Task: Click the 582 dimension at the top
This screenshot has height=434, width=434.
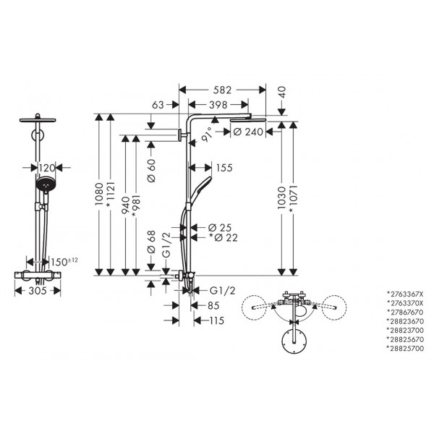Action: [x=222, y=90]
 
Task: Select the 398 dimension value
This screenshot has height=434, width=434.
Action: [x=218, y=105]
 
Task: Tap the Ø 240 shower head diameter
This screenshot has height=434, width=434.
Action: [x=248, y=132]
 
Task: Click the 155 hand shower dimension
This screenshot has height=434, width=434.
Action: [x=224, y=168]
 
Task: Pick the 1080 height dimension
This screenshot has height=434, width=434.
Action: [x=99, y=194]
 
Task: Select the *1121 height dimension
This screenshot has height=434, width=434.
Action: [x=110, y=195]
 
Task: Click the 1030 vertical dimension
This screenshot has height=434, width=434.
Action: [x=281, y=197]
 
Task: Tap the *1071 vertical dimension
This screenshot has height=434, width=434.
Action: [x=293, y=199]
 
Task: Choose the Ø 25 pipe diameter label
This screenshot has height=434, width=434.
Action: [x=219, y=228]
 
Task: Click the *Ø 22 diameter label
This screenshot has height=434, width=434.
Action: [x=223, y=237]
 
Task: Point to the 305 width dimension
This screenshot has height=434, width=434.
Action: [x=38, y=291]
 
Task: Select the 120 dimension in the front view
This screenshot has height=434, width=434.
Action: [x=46, y=168]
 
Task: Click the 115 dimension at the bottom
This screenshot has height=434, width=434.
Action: [x=216, y=320]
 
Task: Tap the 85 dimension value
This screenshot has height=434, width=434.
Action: [x=213, y=305]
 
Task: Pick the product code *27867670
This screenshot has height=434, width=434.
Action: [x=405, y=312]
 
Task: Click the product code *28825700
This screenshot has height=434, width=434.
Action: [x=405, y=348]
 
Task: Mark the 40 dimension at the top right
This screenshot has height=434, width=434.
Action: [x=282, y=93]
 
